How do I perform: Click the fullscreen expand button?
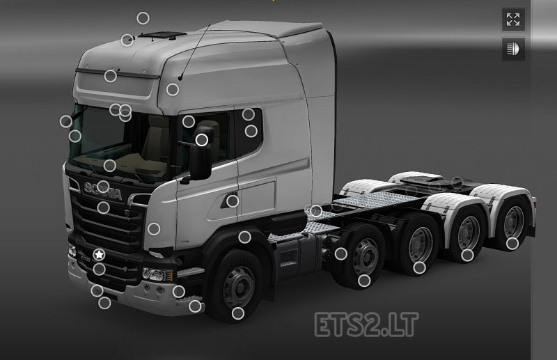click(x=513, y=19)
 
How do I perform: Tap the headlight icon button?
click(x=513, y=49)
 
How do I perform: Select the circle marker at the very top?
click(x=143, y=18)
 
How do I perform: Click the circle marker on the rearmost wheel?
click(x=512, y=243)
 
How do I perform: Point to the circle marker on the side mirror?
click(x=201, y=139)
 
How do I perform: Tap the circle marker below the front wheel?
click(x=237, y=313)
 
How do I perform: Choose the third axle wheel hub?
click(x=419, y=243)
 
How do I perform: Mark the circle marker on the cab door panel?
click(x=233, y=201)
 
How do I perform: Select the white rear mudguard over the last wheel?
click(x=512, y=195)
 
